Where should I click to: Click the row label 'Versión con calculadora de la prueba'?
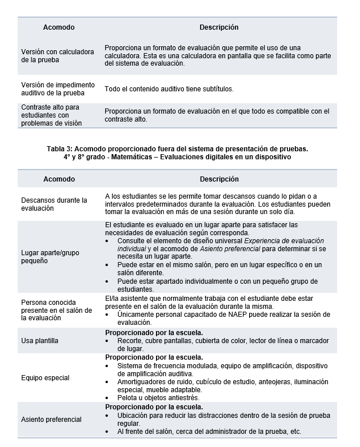57,55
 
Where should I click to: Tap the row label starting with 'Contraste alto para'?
51,115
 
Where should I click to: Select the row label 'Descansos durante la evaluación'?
54,204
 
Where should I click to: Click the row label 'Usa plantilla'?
40,341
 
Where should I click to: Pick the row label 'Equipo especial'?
45,377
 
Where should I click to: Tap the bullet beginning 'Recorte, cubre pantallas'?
223,341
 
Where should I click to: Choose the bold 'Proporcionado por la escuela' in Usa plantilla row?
154,332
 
